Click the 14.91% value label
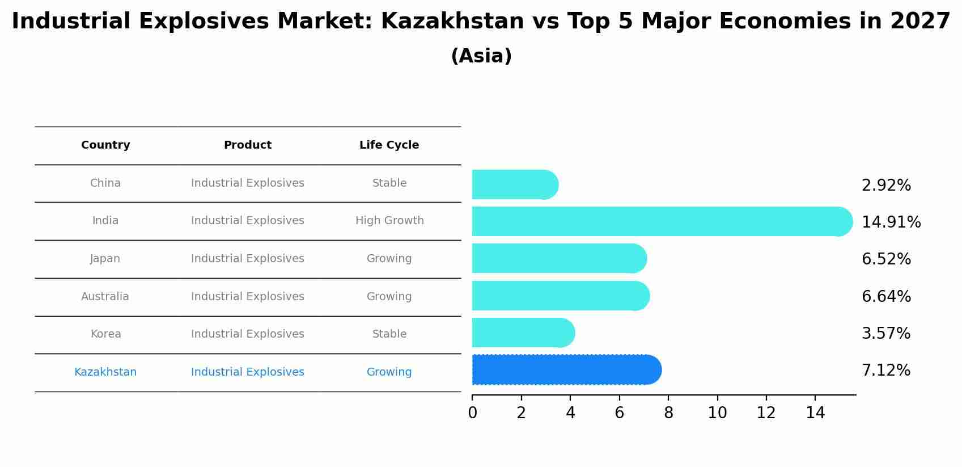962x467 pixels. [x=891, y=222]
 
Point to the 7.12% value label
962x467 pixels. [x=885, y=371]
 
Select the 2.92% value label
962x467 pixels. [x=885, y=186]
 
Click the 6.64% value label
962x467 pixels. [x=885, y=297]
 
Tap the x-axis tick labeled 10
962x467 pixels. [x=717, y=413]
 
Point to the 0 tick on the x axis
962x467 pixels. [x=472, y=413]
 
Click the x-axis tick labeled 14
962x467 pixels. [x=815, y=413]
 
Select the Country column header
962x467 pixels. [x=105, y=145]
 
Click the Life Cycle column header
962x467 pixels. [x=389, y=145]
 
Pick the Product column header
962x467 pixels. [x=247, y=145]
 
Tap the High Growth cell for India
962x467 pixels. [x=389, y=221]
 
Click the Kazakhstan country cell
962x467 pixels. [x=105, y=372]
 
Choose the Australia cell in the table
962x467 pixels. [x=105, y=297]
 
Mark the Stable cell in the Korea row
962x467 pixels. [x=389, y=334]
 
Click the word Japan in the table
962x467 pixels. [x=105, y=259]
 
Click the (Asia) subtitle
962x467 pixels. [x=481, y=56]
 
